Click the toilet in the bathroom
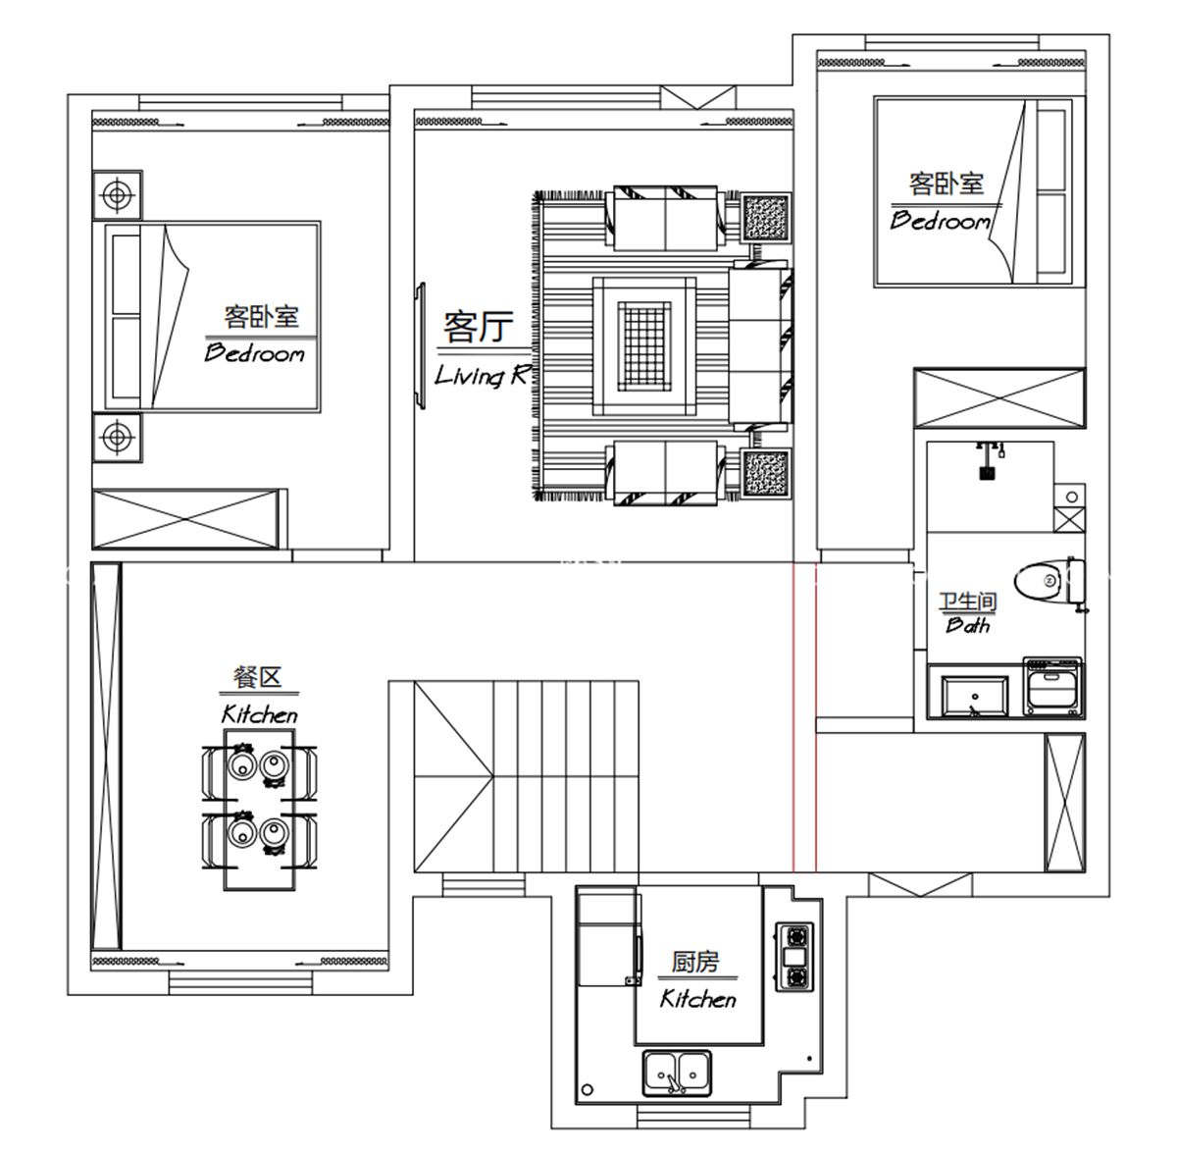1049,581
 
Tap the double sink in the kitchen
678,1073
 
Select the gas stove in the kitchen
795,957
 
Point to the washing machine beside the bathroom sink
1053,687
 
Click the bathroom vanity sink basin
975,696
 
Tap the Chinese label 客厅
479,326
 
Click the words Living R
482,376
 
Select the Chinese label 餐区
257,677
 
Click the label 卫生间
968,602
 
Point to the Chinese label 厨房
695,962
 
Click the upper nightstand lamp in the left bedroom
118,195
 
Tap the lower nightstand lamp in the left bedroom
118,437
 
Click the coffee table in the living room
644,345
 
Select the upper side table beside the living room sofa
766,218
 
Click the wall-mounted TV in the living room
420,345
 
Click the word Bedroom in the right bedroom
940,221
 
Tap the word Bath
967,624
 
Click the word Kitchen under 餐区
260,714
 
